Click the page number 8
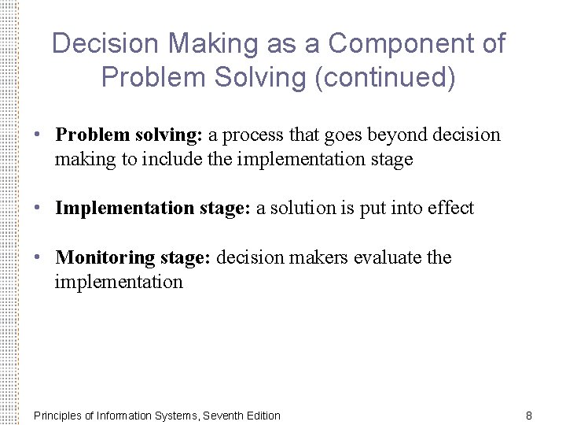529,415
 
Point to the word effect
450,208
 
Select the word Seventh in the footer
222,415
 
